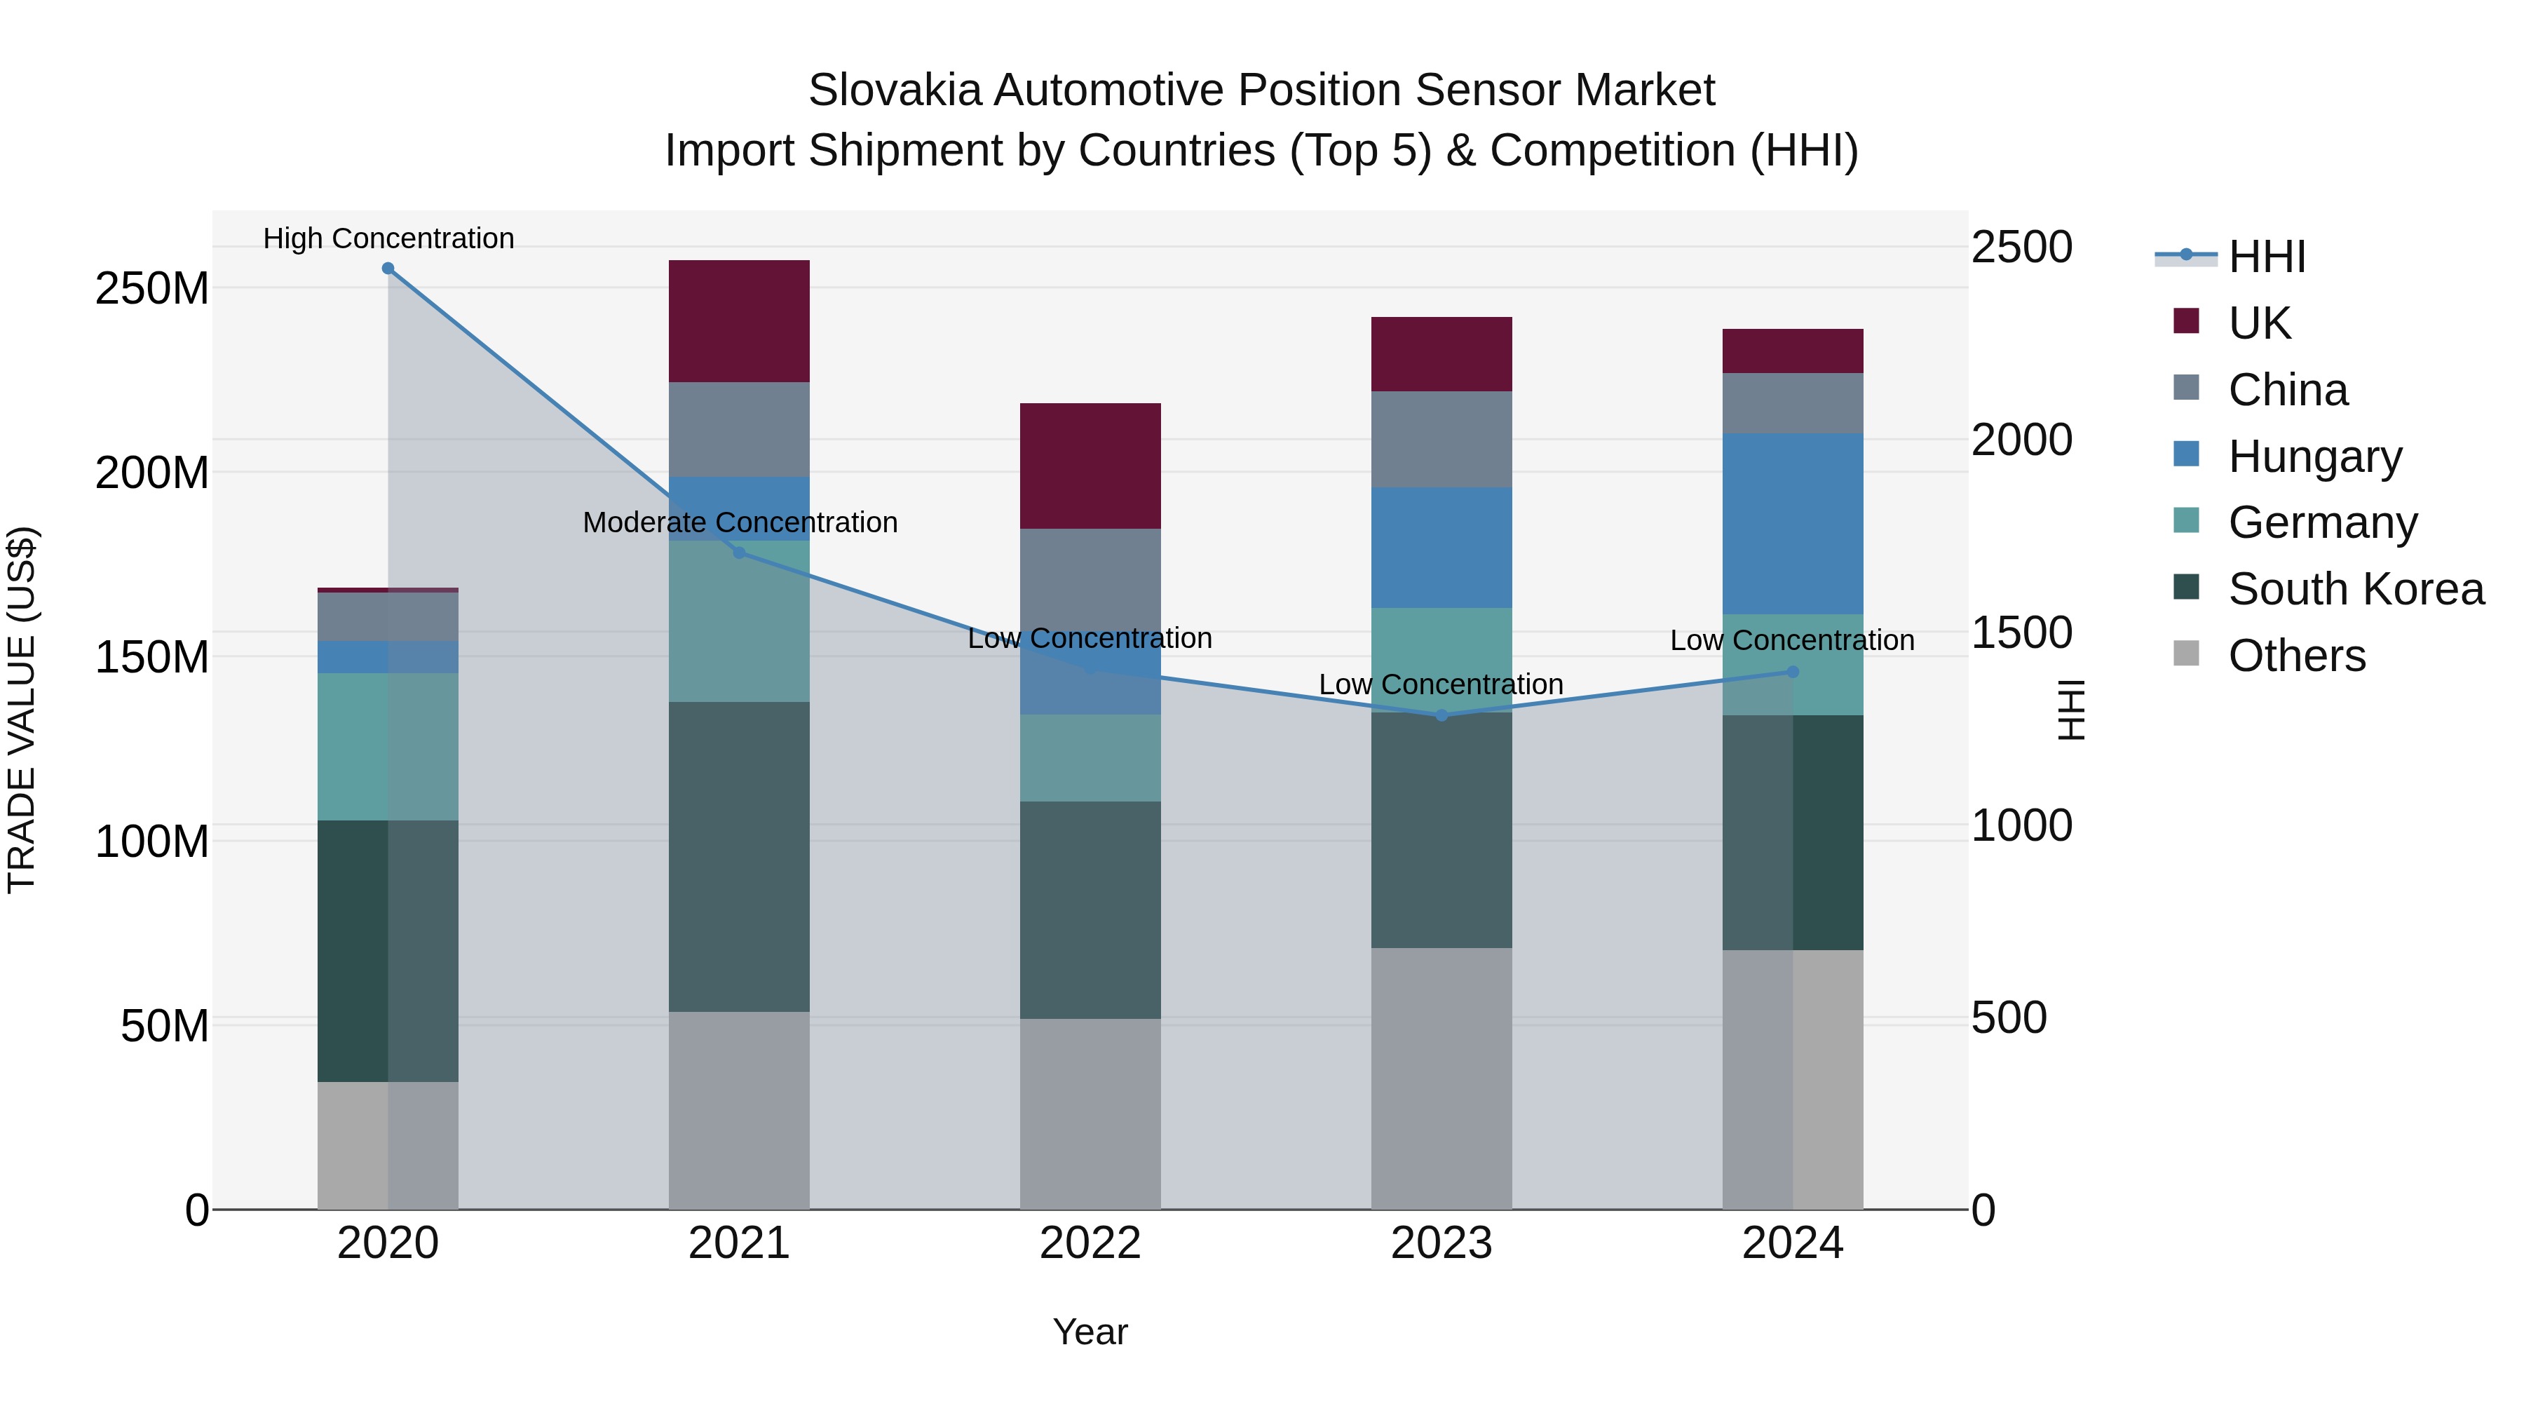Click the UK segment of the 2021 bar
click(x=739, y=320)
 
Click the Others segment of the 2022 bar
click(x=1090, y=1114)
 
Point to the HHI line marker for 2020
click(x=388, y=269)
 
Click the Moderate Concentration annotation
click(x=740, y=522)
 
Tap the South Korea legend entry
click(x=2356, y=589)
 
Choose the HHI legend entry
click(x=2266, y=257)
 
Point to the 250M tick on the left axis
click(x=152, y=289)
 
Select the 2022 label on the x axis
click(x=1090, y=1243)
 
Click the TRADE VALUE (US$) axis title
click(x=22, y=710)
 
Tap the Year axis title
click(x=1090, y=1332)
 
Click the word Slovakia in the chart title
click(x=894, y=90)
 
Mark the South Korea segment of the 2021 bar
click(x=739, y=856)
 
